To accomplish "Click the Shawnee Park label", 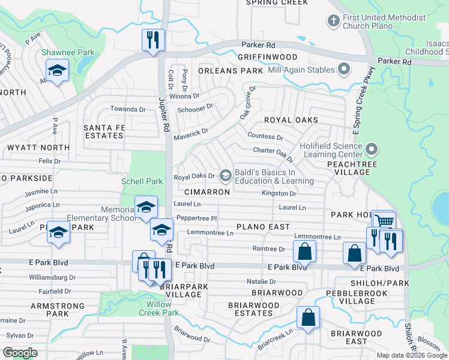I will point(62,52).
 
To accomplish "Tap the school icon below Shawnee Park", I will point(58,71).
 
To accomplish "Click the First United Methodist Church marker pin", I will point(333,22).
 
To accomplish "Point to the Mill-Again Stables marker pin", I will point(343,70).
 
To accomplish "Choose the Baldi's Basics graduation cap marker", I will point(226,175).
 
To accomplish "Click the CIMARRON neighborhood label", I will point(207,192).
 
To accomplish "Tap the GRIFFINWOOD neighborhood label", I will point(267,57).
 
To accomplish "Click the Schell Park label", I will point(142,181).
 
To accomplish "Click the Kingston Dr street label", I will point(279,194).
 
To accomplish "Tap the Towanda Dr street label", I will point(128,109).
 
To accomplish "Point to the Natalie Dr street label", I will point(261,281).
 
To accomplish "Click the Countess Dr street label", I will point(265,137).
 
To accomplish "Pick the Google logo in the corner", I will point(20,353).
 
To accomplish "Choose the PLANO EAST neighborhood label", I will point(263,227).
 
